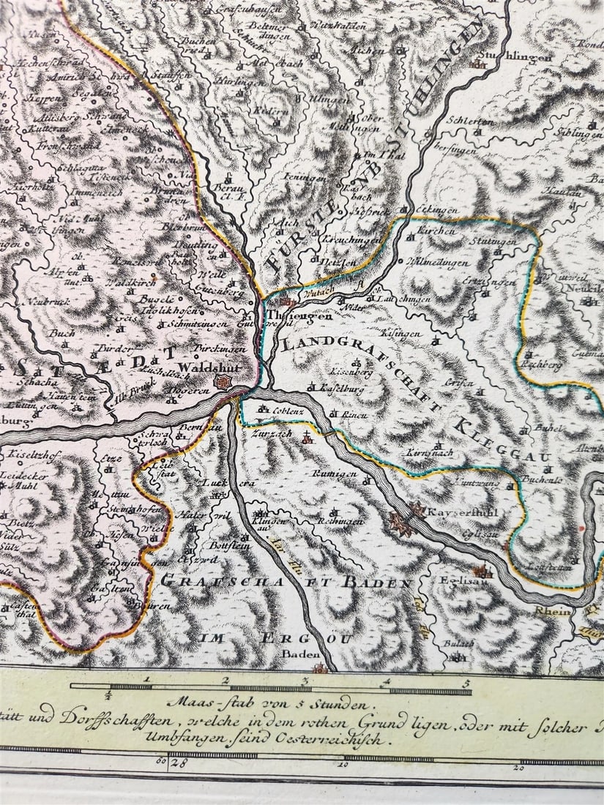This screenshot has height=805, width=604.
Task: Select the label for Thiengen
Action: pyautogui.click(x=291, y=316)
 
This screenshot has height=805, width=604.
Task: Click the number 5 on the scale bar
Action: pyautogui.click(x=465, y=681)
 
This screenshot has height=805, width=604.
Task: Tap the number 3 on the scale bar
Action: pyautogui.click(x=305, y=681)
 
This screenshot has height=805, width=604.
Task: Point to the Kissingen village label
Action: pyautogui.click(x=401, y=334)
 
